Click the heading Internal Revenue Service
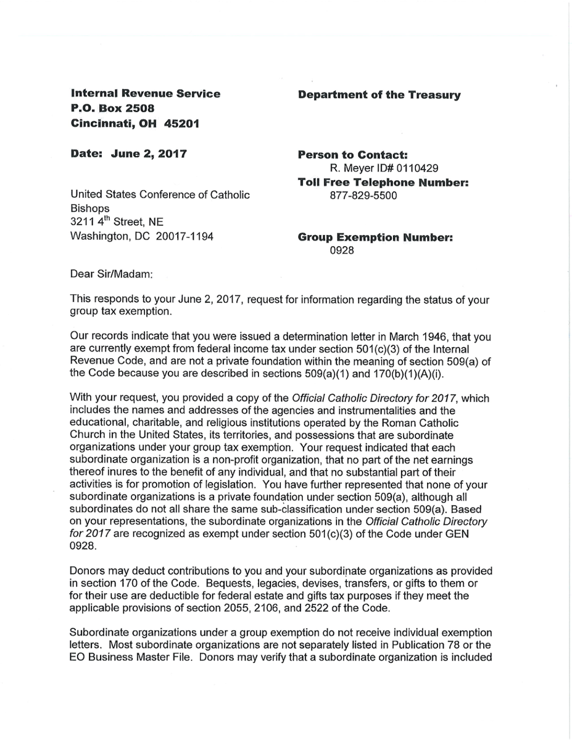coord(146,94)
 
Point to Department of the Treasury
coord(379,95)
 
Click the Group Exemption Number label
coord(375,237)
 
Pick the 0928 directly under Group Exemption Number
coord(344,252)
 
